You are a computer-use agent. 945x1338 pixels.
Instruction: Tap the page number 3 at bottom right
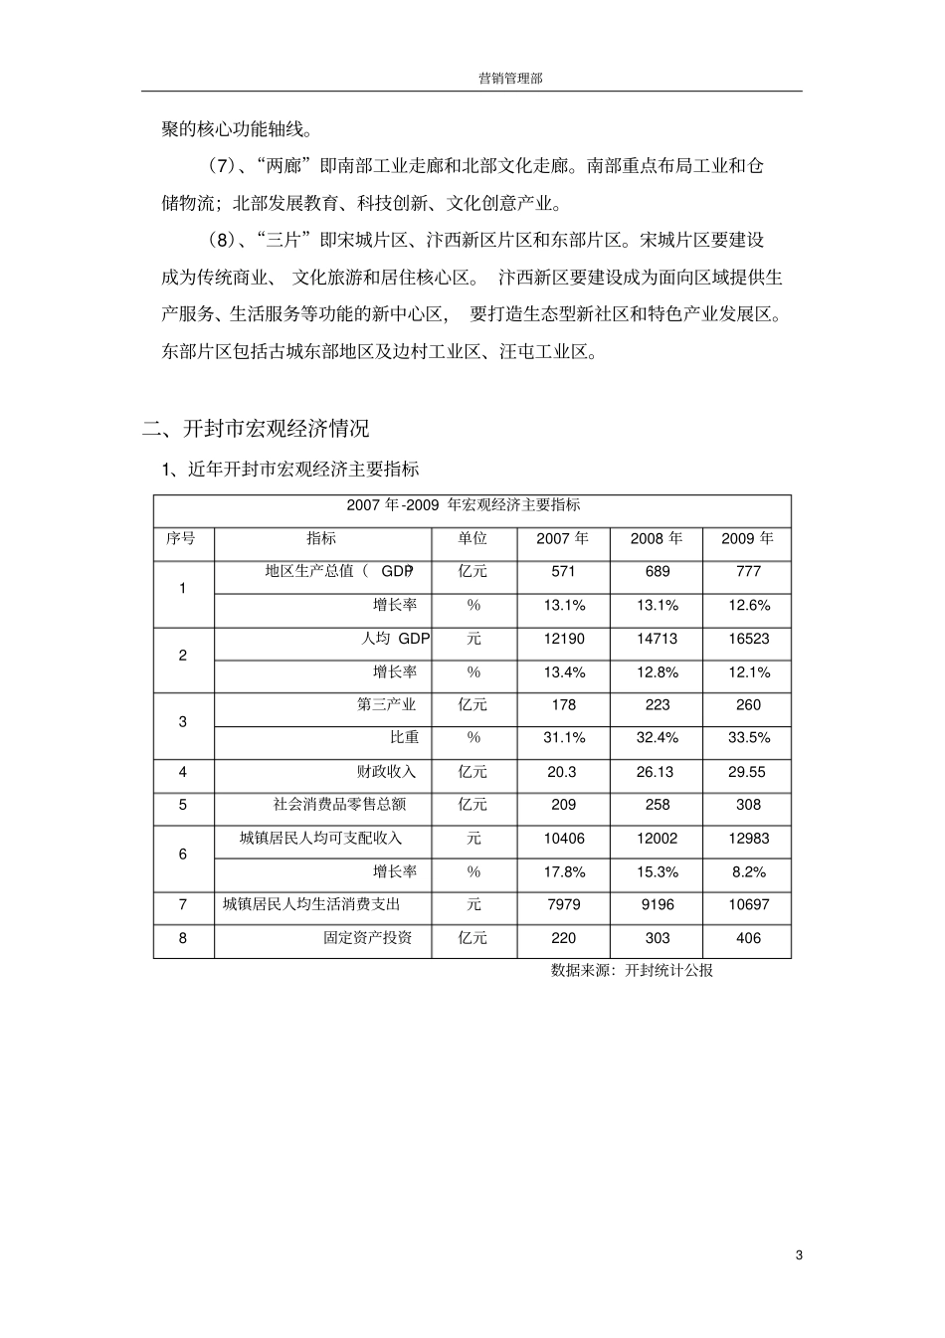799,1254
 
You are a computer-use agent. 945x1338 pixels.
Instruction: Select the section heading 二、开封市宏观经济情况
256,429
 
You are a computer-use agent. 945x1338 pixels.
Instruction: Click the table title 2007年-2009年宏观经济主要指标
464,505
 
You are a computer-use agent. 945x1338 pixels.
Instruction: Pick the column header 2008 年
657,538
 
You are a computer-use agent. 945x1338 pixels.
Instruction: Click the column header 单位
472,538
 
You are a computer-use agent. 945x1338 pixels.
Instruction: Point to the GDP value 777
748,572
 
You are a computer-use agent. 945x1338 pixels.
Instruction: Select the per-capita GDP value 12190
564,639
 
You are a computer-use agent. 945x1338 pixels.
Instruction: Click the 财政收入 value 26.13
657,772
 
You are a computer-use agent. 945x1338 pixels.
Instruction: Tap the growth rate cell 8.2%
748,871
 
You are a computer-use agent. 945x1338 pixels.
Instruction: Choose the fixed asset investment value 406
748,938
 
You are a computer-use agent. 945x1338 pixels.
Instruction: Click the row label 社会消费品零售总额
339,805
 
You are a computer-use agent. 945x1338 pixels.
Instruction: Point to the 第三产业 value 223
657,705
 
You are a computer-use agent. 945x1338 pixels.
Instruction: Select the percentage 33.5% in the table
748,738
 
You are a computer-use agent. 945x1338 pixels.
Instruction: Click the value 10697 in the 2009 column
748,905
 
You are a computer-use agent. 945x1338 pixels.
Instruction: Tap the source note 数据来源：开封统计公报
632,971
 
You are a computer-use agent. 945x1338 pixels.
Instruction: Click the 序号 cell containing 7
183,905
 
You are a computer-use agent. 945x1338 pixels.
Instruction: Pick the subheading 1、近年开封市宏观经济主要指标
290,469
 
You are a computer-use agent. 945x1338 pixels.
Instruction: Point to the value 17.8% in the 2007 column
564,871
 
